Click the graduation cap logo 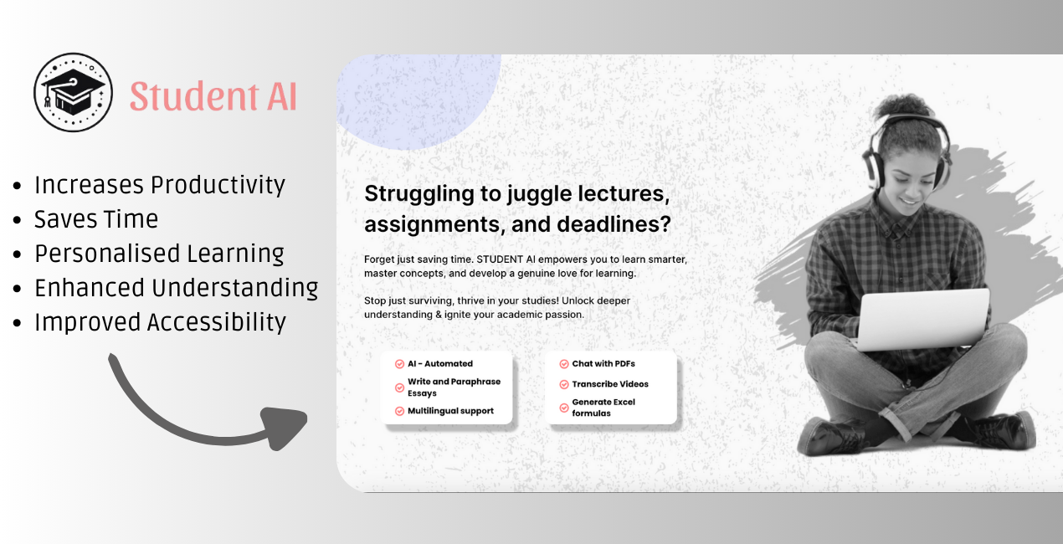[73, 92]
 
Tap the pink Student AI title [213, 96]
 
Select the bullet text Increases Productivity [159, 185]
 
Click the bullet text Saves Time [95, 219]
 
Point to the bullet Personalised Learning [159, 254]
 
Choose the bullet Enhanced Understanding [176, 288]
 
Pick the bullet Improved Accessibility [160, 322]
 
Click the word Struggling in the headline [419, 193]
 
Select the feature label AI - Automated [439, 364]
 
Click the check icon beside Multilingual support [399, 411]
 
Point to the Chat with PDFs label [603, 364]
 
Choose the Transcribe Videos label [610, 384]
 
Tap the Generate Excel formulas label [603, 408]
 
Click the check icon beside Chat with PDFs [563, 364]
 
